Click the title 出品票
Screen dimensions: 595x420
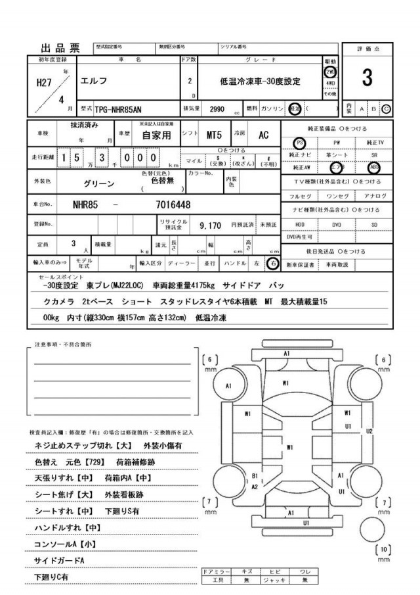pos(60,47)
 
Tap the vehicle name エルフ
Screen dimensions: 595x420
pos(94,82)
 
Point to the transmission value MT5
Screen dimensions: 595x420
pos(214,135)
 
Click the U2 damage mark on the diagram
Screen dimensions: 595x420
pos(369,431)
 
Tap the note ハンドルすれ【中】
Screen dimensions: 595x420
pos(67,527)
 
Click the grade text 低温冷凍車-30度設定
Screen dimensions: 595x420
pos(260,82)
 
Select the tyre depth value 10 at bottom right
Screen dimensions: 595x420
pos(385,550)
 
